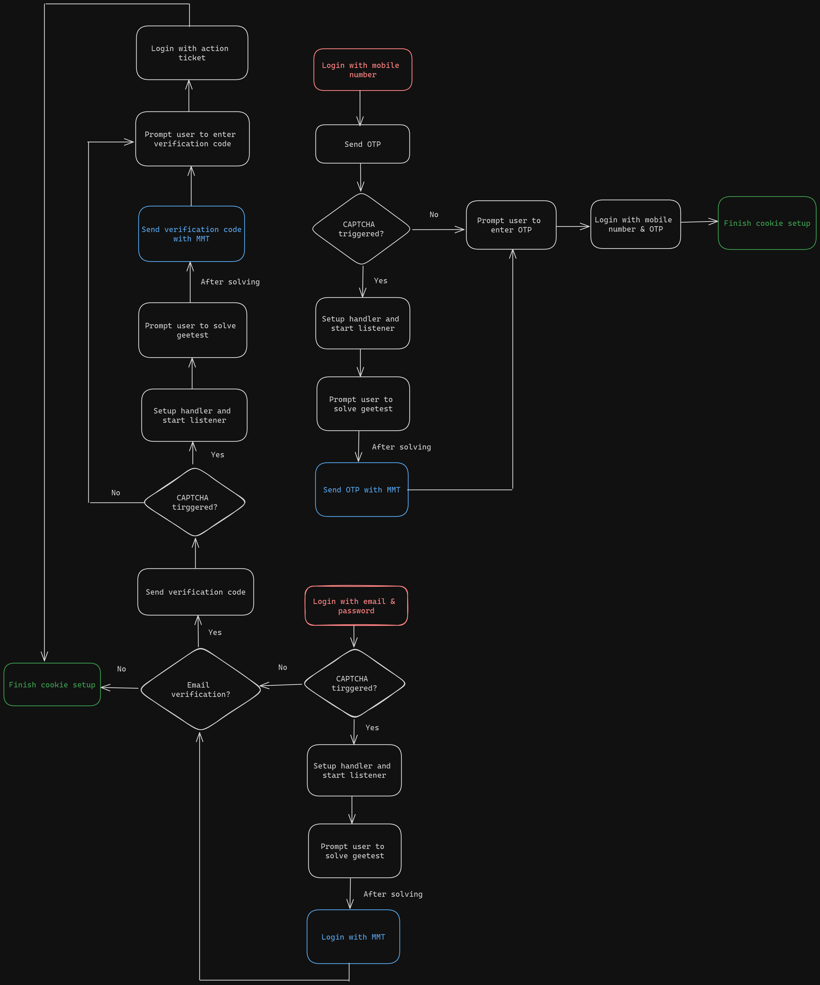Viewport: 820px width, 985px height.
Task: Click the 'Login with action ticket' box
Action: [192, 53]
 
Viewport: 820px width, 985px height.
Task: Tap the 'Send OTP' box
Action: [362, 144]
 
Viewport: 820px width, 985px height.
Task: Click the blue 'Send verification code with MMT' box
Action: [191, 234]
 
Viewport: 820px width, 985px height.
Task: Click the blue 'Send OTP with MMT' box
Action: [361, 490]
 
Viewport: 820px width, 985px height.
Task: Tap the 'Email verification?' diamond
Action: [200, 689]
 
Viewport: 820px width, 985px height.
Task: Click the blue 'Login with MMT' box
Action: [353, 937]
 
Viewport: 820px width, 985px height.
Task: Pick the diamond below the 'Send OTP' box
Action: [361, 229]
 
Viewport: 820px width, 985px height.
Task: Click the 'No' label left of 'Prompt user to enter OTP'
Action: [434, 214]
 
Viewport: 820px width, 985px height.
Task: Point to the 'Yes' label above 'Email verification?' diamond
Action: [215, 632]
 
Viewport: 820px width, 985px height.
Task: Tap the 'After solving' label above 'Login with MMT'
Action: [393, 894]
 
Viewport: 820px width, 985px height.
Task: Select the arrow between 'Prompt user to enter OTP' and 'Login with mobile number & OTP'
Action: [573, 227]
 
